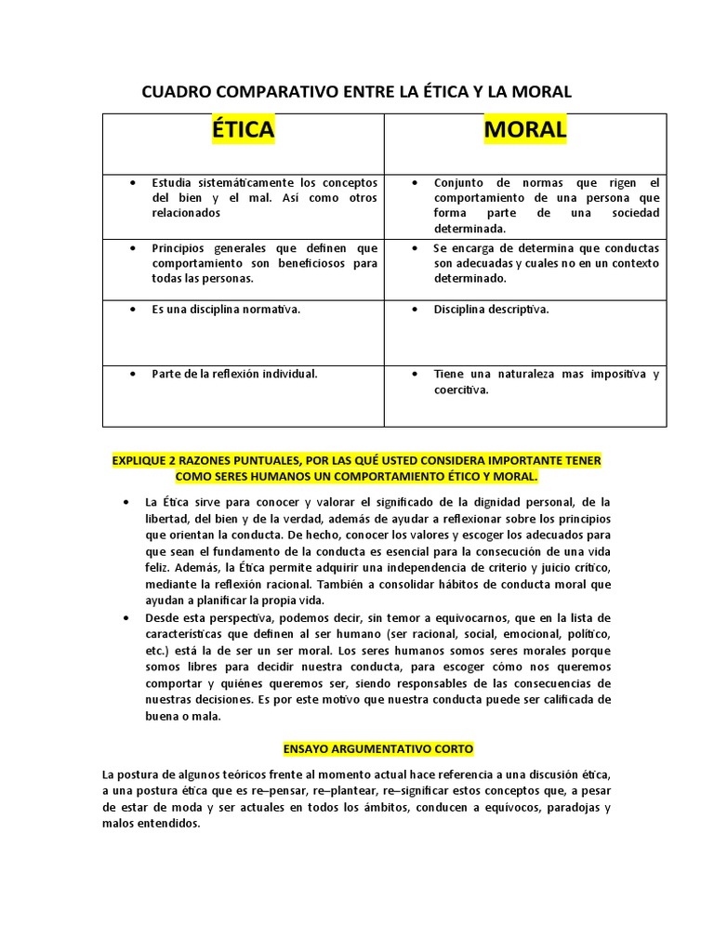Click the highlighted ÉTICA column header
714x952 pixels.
[243, 130]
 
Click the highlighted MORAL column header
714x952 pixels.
[525, 130]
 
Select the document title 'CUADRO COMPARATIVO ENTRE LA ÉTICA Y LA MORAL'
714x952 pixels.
[356, 91]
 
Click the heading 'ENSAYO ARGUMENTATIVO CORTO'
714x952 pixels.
[377, 747]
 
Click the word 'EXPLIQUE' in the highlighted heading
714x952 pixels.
[139, 460]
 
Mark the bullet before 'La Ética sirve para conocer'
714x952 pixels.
[126, 502]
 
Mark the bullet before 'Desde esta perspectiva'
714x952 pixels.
[126, 617]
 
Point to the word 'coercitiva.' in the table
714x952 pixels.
[460, 390]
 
